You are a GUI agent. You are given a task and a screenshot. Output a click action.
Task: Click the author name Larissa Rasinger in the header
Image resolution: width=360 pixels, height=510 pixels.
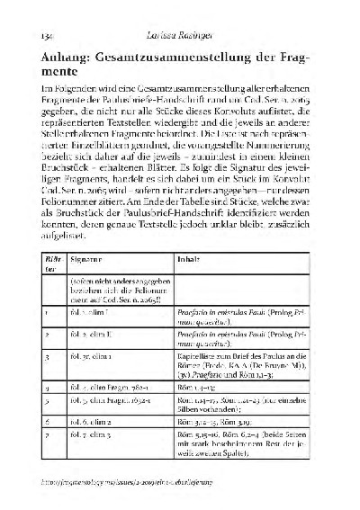click(x=184, y=33)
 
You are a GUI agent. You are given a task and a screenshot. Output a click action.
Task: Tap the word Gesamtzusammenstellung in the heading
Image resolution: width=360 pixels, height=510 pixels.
click(x=194, y=60)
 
